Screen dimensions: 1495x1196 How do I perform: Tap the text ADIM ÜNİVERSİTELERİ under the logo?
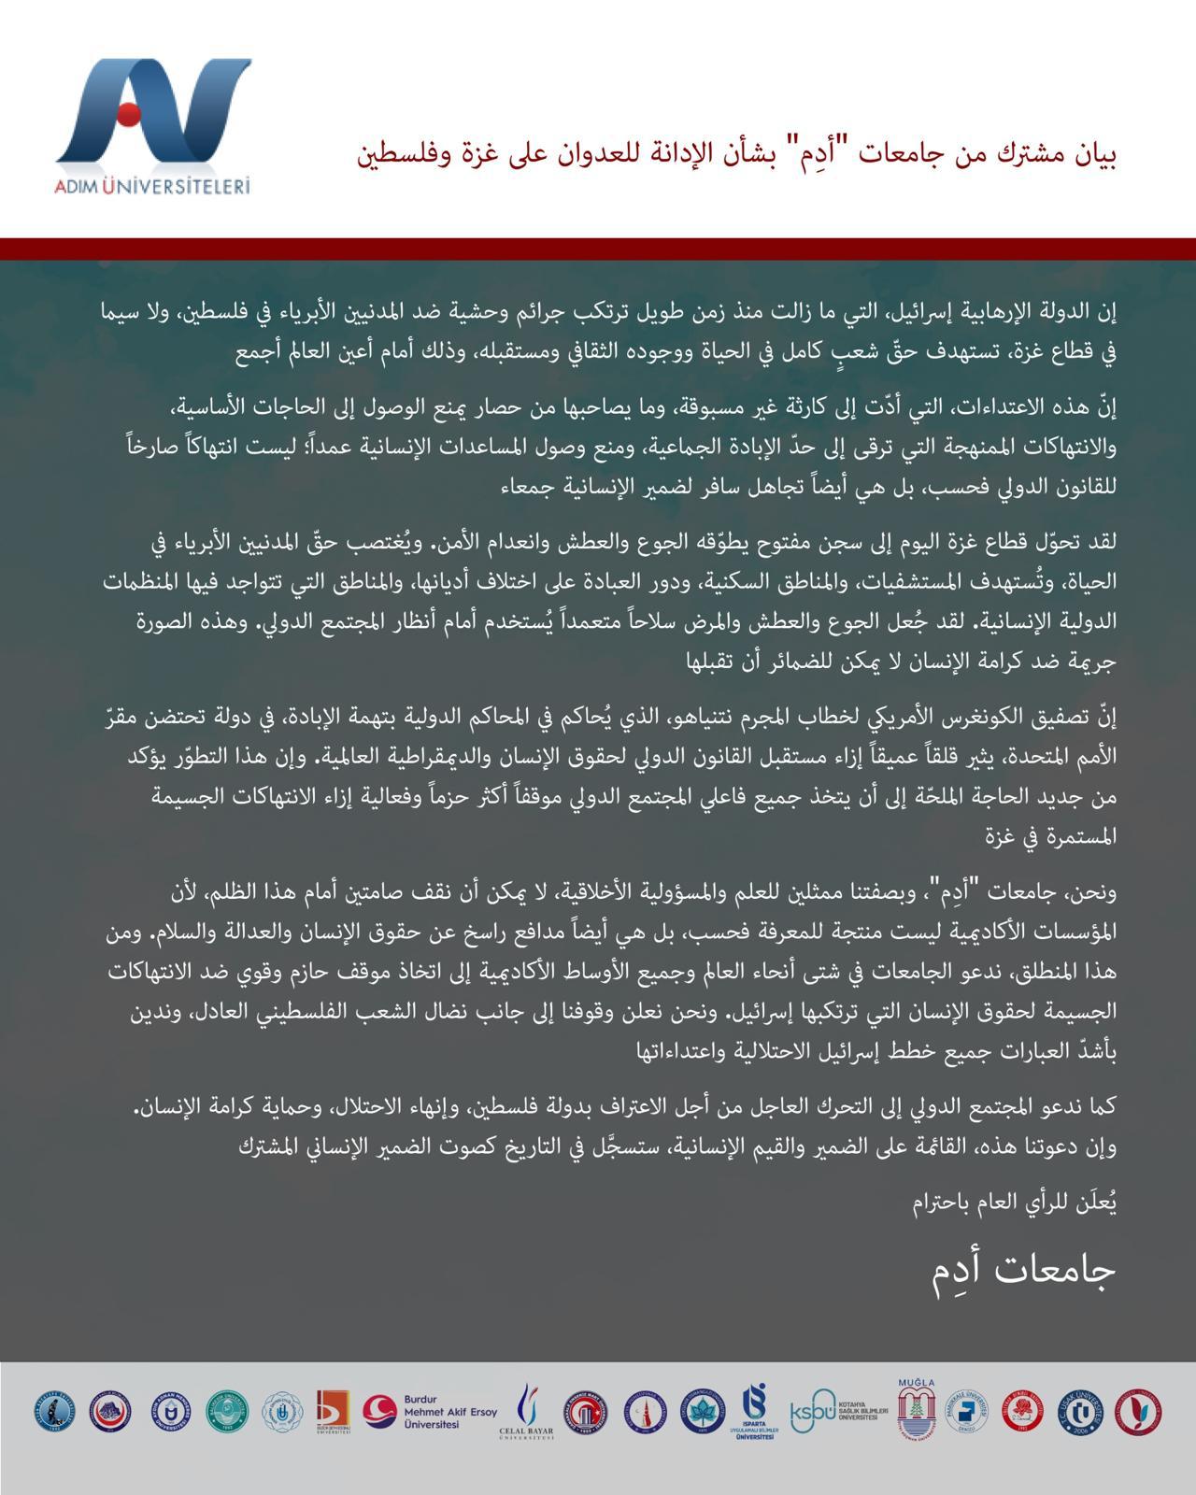click(x=152, y=186)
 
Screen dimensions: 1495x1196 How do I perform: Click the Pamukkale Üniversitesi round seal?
click(x=969, y=1412)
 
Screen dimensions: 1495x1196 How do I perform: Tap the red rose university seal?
click(x=1023, y=1412)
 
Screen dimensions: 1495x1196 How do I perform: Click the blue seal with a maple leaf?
click(x=696, y=1412)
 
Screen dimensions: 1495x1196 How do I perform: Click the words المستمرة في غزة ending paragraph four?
click(x=1064, y=836)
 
